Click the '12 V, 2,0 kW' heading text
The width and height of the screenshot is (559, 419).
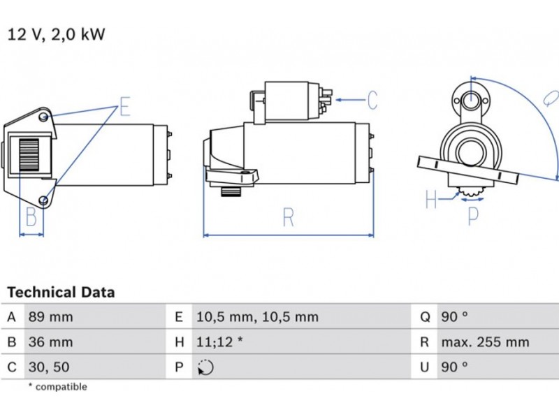(56, 34)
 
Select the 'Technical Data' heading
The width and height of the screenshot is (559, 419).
(61, 292)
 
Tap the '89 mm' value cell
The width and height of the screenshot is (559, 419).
(50, 317)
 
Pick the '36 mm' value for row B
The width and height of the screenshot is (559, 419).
(50, 342)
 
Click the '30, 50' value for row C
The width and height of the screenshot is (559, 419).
(48, 367)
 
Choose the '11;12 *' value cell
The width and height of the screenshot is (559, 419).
(219, 342)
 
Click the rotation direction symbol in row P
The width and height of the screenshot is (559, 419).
(205, 367)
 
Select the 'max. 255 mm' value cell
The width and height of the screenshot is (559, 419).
(485, 342)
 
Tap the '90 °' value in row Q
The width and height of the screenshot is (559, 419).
(454, 317)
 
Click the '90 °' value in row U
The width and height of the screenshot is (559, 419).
(454, 367)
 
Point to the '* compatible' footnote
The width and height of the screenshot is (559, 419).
(57, 386)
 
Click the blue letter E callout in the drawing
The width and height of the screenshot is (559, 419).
(125, 107)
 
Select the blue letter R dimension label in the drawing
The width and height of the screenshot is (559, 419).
(289, 218)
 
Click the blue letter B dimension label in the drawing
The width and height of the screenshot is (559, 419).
(31, 218)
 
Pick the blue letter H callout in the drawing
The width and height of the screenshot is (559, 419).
(431, 201)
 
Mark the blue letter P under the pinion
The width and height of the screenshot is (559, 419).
(473, 216)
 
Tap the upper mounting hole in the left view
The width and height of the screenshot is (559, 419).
(44, 115)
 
